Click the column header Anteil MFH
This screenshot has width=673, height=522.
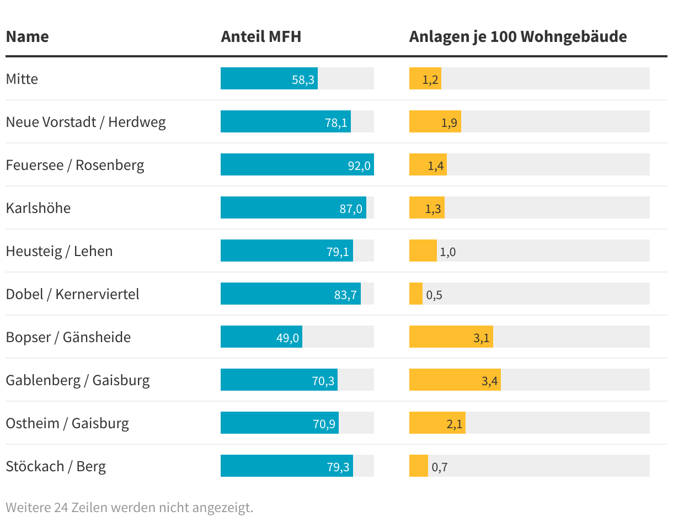click(261, 36)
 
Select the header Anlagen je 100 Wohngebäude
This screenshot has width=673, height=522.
click(517, 36)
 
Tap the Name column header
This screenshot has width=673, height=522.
click(27, 36)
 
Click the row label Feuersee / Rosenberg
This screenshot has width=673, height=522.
click(75, 165)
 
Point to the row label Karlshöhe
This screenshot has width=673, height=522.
click(38, 208)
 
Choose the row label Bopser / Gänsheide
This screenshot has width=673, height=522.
click(68, 337)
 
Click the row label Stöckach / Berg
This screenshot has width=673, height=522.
click(56, 466)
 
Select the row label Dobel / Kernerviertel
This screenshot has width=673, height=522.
click(72, 294)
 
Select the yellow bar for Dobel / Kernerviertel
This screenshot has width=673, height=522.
click(415, 294)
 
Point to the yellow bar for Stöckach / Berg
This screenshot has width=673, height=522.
click(418, 466)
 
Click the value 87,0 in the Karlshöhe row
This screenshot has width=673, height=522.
click(351, 209)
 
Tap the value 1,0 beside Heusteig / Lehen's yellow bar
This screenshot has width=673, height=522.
click(448, 252)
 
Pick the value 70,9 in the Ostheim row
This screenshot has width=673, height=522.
click(324, 424)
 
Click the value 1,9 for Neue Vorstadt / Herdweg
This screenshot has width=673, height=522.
click(449, 122)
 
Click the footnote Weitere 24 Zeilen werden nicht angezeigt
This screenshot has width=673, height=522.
click(129, 507)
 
